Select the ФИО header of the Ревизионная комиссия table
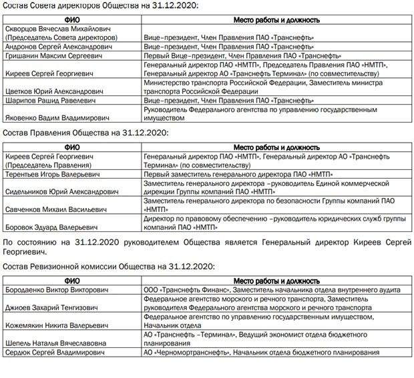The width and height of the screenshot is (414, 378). (71, 280)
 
